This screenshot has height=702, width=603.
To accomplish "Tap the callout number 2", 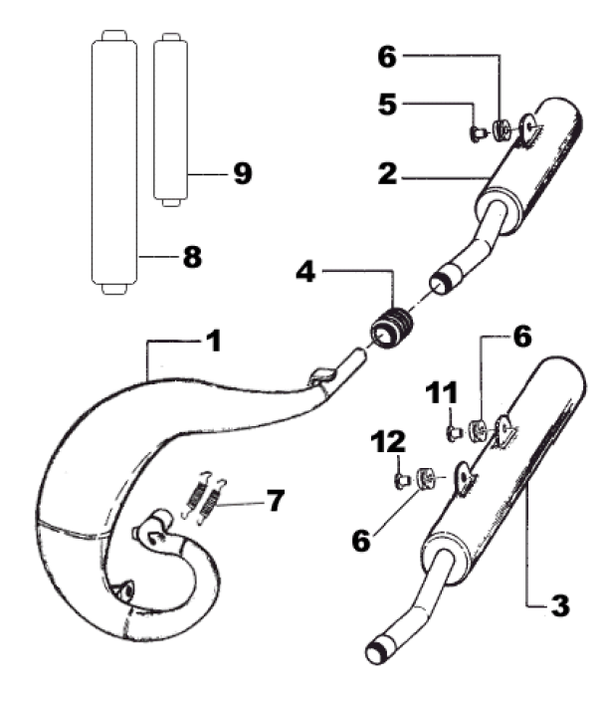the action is click(x=387, y=173).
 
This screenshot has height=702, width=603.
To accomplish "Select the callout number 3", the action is click(x=560, y=605).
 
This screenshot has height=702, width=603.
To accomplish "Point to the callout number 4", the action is click(x=305, y=271).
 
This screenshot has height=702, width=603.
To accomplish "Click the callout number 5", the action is click(x=387, y=105).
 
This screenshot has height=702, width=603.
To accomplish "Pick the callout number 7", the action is click(x=275, y=500).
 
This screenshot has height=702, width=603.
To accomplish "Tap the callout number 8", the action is click(x=192, y=257).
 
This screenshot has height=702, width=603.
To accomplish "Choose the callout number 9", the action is click(x=243, y=173).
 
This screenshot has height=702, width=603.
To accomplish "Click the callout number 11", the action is click(x=442, y=392).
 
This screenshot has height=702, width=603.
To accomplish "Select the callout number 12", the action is click(x=388, y=441).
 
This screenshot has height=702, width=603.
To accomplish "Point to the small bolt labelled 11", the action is click(x=454, y=433).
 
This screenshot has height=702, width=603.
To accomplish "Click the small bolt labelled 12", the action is click(x=401, y=480).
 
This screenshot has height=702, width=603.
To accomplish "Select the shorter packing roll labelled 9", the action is click(x=170, y=119).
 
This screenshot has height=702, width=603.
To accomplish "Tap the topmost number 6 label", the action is click(x=387, y=57).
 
